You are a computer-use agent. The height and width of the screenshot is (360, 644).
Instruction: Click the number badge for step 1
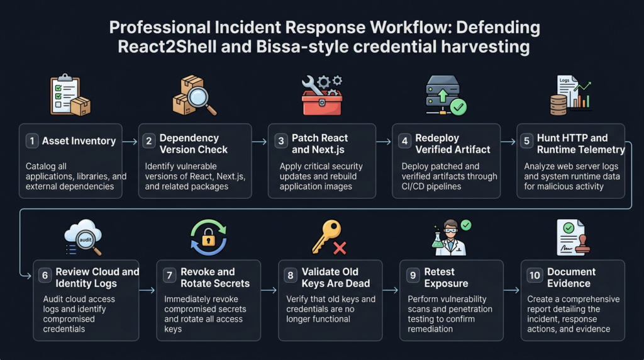[32, 141]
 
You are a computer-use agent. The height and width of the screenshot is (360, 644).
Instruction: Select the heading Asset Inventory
[79, 141]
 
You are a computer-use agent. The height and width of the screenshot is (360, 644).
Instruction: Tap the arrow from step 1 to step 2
[130, 142]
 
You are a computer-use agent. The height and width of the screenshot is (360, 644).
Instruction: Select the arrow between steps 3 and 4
[384, 142]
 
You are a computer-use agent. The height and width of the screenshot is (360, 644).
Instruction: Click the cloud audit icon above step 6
[82, 236]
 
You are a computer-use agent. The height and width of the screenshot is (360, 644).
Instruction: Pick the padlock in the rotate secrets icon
[208, 237]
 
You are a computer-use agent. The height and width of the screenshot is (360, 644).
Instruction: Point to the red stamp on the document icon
[582, 246]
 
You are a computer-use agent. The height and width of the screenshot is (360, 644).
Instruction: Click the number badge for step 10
[535, 275]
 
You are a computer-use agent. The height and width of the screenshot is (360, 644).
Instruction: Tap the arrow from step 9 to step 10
[512, 290]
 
